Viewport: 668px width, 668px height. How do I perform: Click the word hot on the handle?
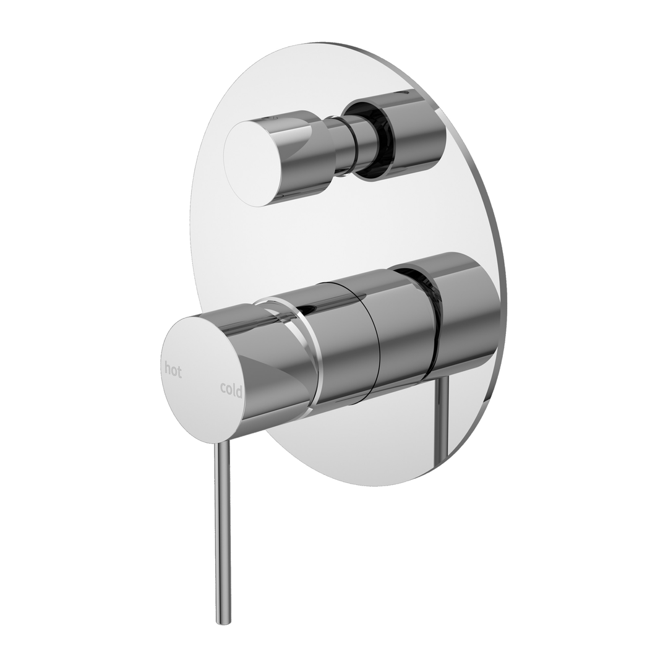(x=173, y=370)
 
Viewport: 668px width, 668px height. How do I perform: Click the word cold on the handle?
(x=231, y=389)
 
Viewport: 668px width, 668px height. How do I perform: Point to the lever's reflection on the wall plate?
(x=443, y=414)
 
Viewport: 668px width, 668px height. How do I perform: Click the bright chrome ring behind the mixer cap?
(x=313, y=353)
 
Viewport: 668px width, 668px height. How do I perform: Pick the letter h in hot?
(x=168, y=369)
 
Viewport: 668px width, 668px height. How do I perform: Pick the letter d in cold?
(x=239, y=390)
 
